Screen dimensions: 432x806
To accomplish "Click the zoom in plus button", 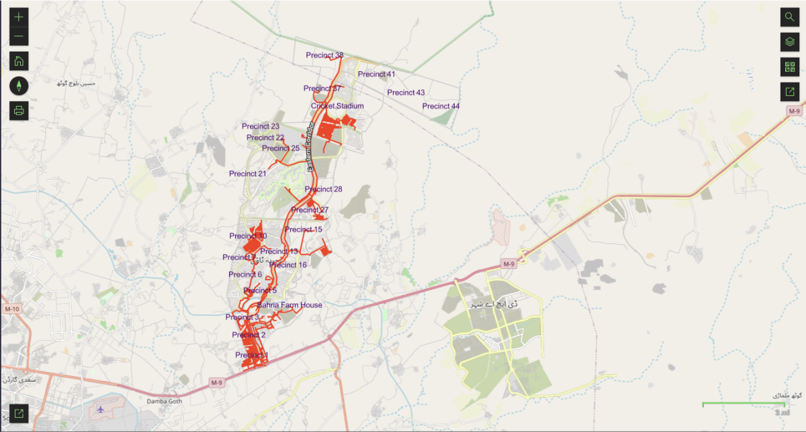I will (19, 17).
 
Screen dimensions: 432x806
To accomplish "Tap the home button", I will (19, 61).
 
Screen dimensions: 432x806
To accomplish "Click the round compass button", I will (19, 86).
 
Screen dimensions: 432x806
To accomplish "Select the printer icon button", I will (19, 111).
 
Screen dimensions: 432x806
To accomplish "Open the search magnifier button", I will (789, 17).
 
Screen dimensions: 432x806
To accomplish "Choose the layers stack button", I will (789, 42).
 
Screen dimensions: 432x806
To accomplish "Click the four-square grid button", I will (789, 67).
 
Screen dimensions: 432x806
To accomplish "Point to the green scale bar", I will (743, 404).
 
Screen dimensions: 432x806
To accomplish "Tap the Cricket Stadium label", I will (337, 106).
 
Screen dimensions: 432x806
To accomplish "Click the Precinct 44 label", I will (441, 106).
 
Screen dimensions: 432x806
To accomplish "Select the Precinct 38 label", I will (324, 55).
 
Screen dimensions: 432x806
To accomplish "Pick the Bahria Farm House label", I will (289, 305).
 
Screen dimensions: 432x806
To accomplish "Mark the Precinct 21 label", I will (248, 174).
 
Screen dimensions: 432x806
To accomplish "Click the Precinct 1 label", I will (252, 355).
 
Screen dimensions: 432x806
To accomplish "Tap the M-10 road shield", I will (11, 309).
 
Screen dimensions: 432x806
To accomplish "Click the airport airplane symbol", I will (101, 409).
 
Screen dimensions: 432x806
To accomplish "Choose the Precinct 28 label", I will (323, 189).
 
